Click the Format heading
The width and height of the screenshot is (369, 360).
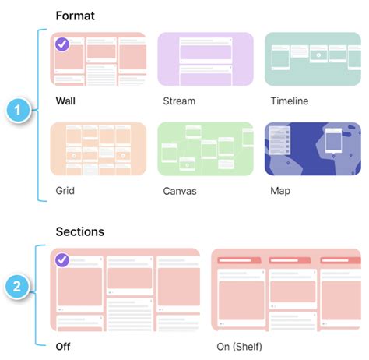[x=76, y=16]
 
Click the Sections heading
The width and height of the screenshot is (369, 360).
[x=79, y=231]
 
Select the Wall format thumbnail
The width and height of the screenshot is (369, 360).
[x=98, y=59]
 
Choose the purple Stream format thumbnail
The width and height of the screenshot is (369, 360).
[x=206, y=59]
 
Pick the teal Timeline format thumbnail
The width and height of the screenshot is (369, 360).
[x=313, y=59]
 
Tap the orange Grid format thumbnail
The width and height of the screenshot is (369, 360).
[x=98, y=149]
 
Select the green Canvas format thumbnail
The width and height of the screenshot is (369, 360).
[x=206, y=149]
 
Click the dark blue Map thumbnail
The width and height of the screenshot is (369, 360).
[x=313, y=149]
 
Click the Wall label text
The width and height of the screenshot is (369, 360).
[x=66, y=101]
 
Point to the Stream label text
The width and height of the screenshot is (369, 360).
[x=179, y=101]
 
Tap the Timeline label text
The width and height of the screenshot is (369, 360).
[x=290, y=101]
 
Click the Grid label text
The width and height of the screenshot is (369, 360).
[x=65, y=190]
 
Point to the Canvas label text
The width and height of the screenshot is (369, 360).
[x=181, y=190]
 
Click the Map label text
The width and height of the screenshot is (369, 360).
[x=280, y=190]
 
